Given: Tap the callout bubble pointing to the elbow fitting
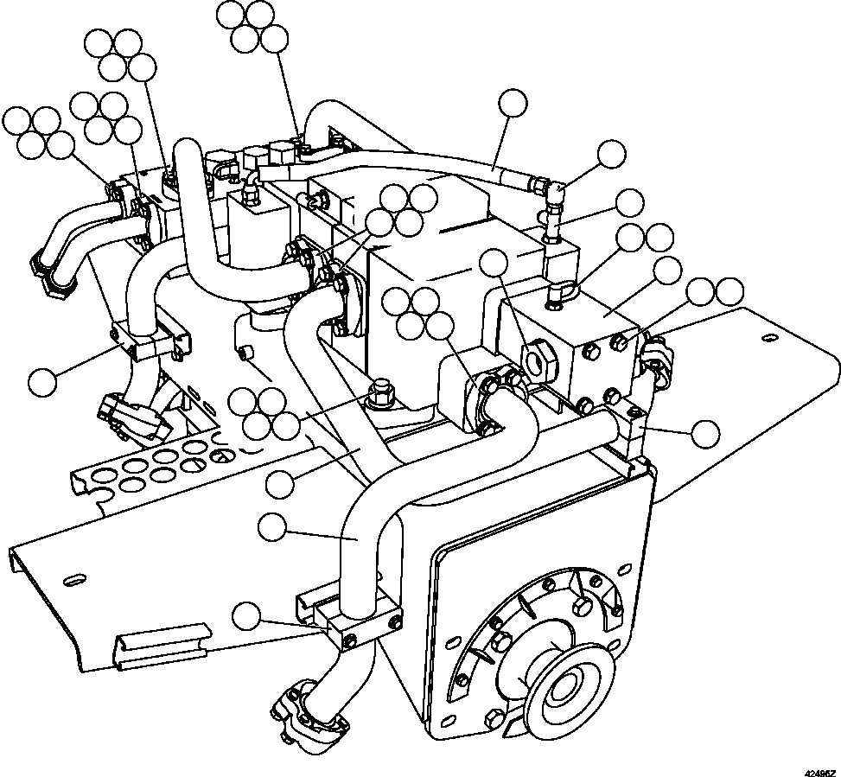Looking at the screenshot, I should (612, 155).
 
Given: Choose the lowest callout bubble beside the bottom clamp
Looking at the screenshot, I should (249, 617).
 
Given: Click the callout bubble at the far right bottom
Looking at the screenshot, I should (707, 434).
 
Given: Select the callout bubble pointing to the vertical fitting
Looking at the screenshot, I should (631, 204).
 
